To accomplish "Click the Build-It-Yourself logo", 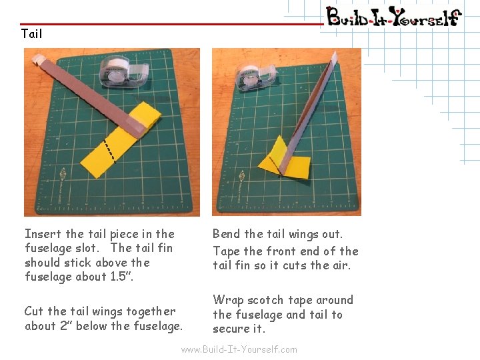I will [393, 16].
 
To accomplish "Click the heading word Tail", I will [31, 33].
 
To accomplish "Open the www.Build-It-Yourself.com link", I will [239, 349].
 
